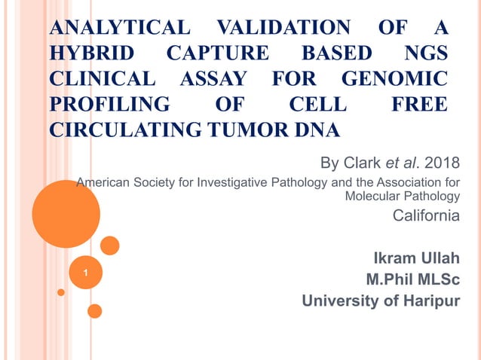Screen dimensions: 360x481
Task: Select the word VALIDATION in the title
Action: tap(283, 29)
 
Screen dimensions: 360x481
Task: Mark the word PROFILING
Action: tap(110, 104)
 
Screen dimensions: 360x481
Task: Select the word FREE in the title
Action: tap(418, 104)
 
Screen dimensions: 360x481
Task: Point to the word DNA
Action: tap(313, 129)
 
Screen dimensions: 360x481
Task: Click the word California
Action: tap(427, 216)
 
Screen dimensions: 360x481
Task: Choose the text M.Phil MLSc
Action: tap(412, 279)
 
